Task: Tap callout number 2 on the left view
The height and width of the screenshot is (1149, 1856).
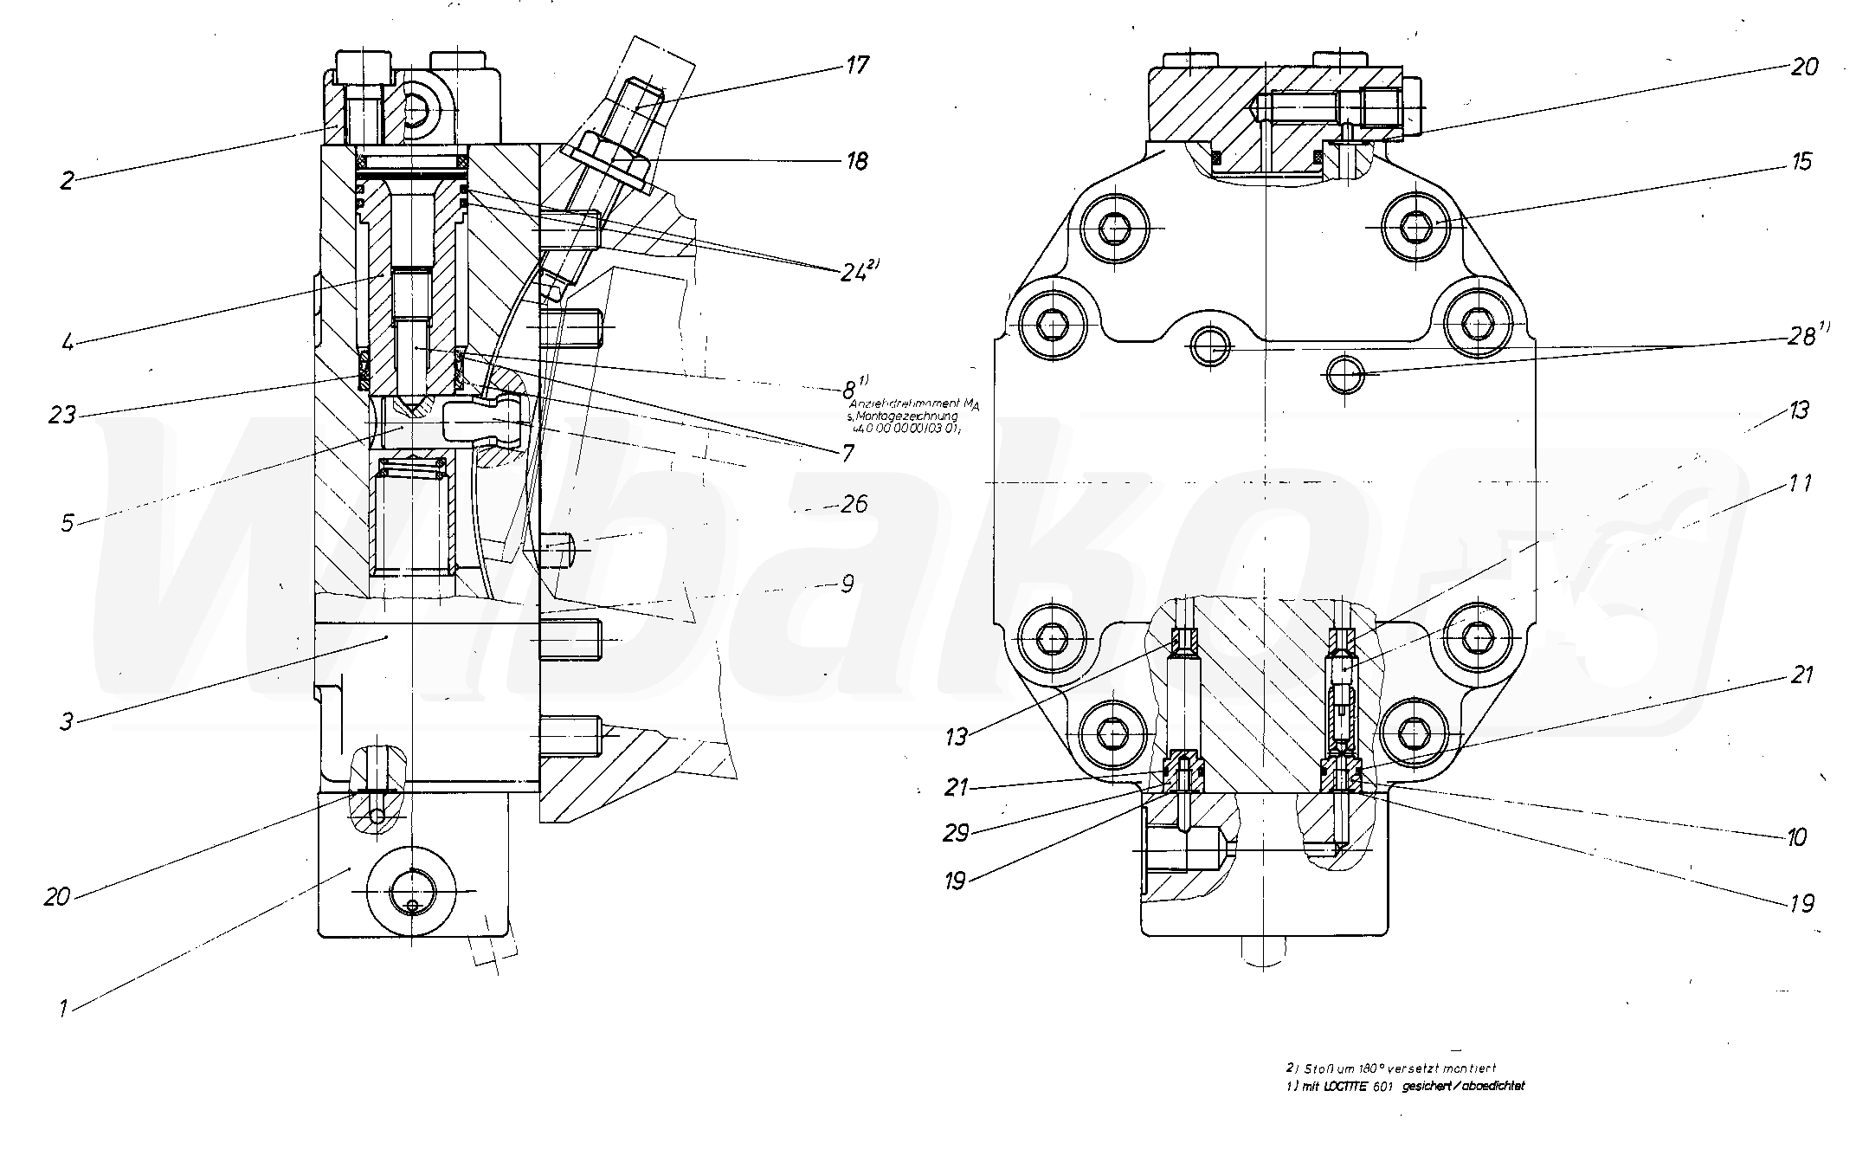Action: click(x=68, y=180)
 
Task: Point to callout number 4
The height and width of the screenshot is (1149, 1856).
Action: click(x=67, y=341)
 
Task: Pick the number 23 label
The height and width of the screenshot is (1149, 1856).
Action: click(x=61, y=416)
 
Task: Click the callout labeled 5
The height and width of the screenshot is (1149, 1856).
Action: click(x=67, y=522)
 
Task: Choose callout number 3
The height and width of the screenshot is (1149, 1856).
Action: click(x=67, y=720)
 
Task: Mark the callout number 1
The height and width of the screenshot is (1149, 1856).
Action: click(x=62, y=1008)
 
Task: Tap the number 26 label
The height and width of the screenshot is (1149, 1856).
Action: click(x=854, y=504)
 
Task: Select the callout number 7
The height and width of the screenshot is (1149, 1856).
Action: click(x=846, y=452)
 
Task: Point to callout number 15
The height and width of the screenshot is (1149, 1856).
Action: click(x=1801, y=162)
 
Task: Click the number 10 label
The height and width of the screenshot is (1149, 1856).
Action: click(x=1795, y=837)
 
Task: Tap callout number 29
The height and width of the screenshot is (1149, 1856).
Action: click(x=956, y=833)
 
